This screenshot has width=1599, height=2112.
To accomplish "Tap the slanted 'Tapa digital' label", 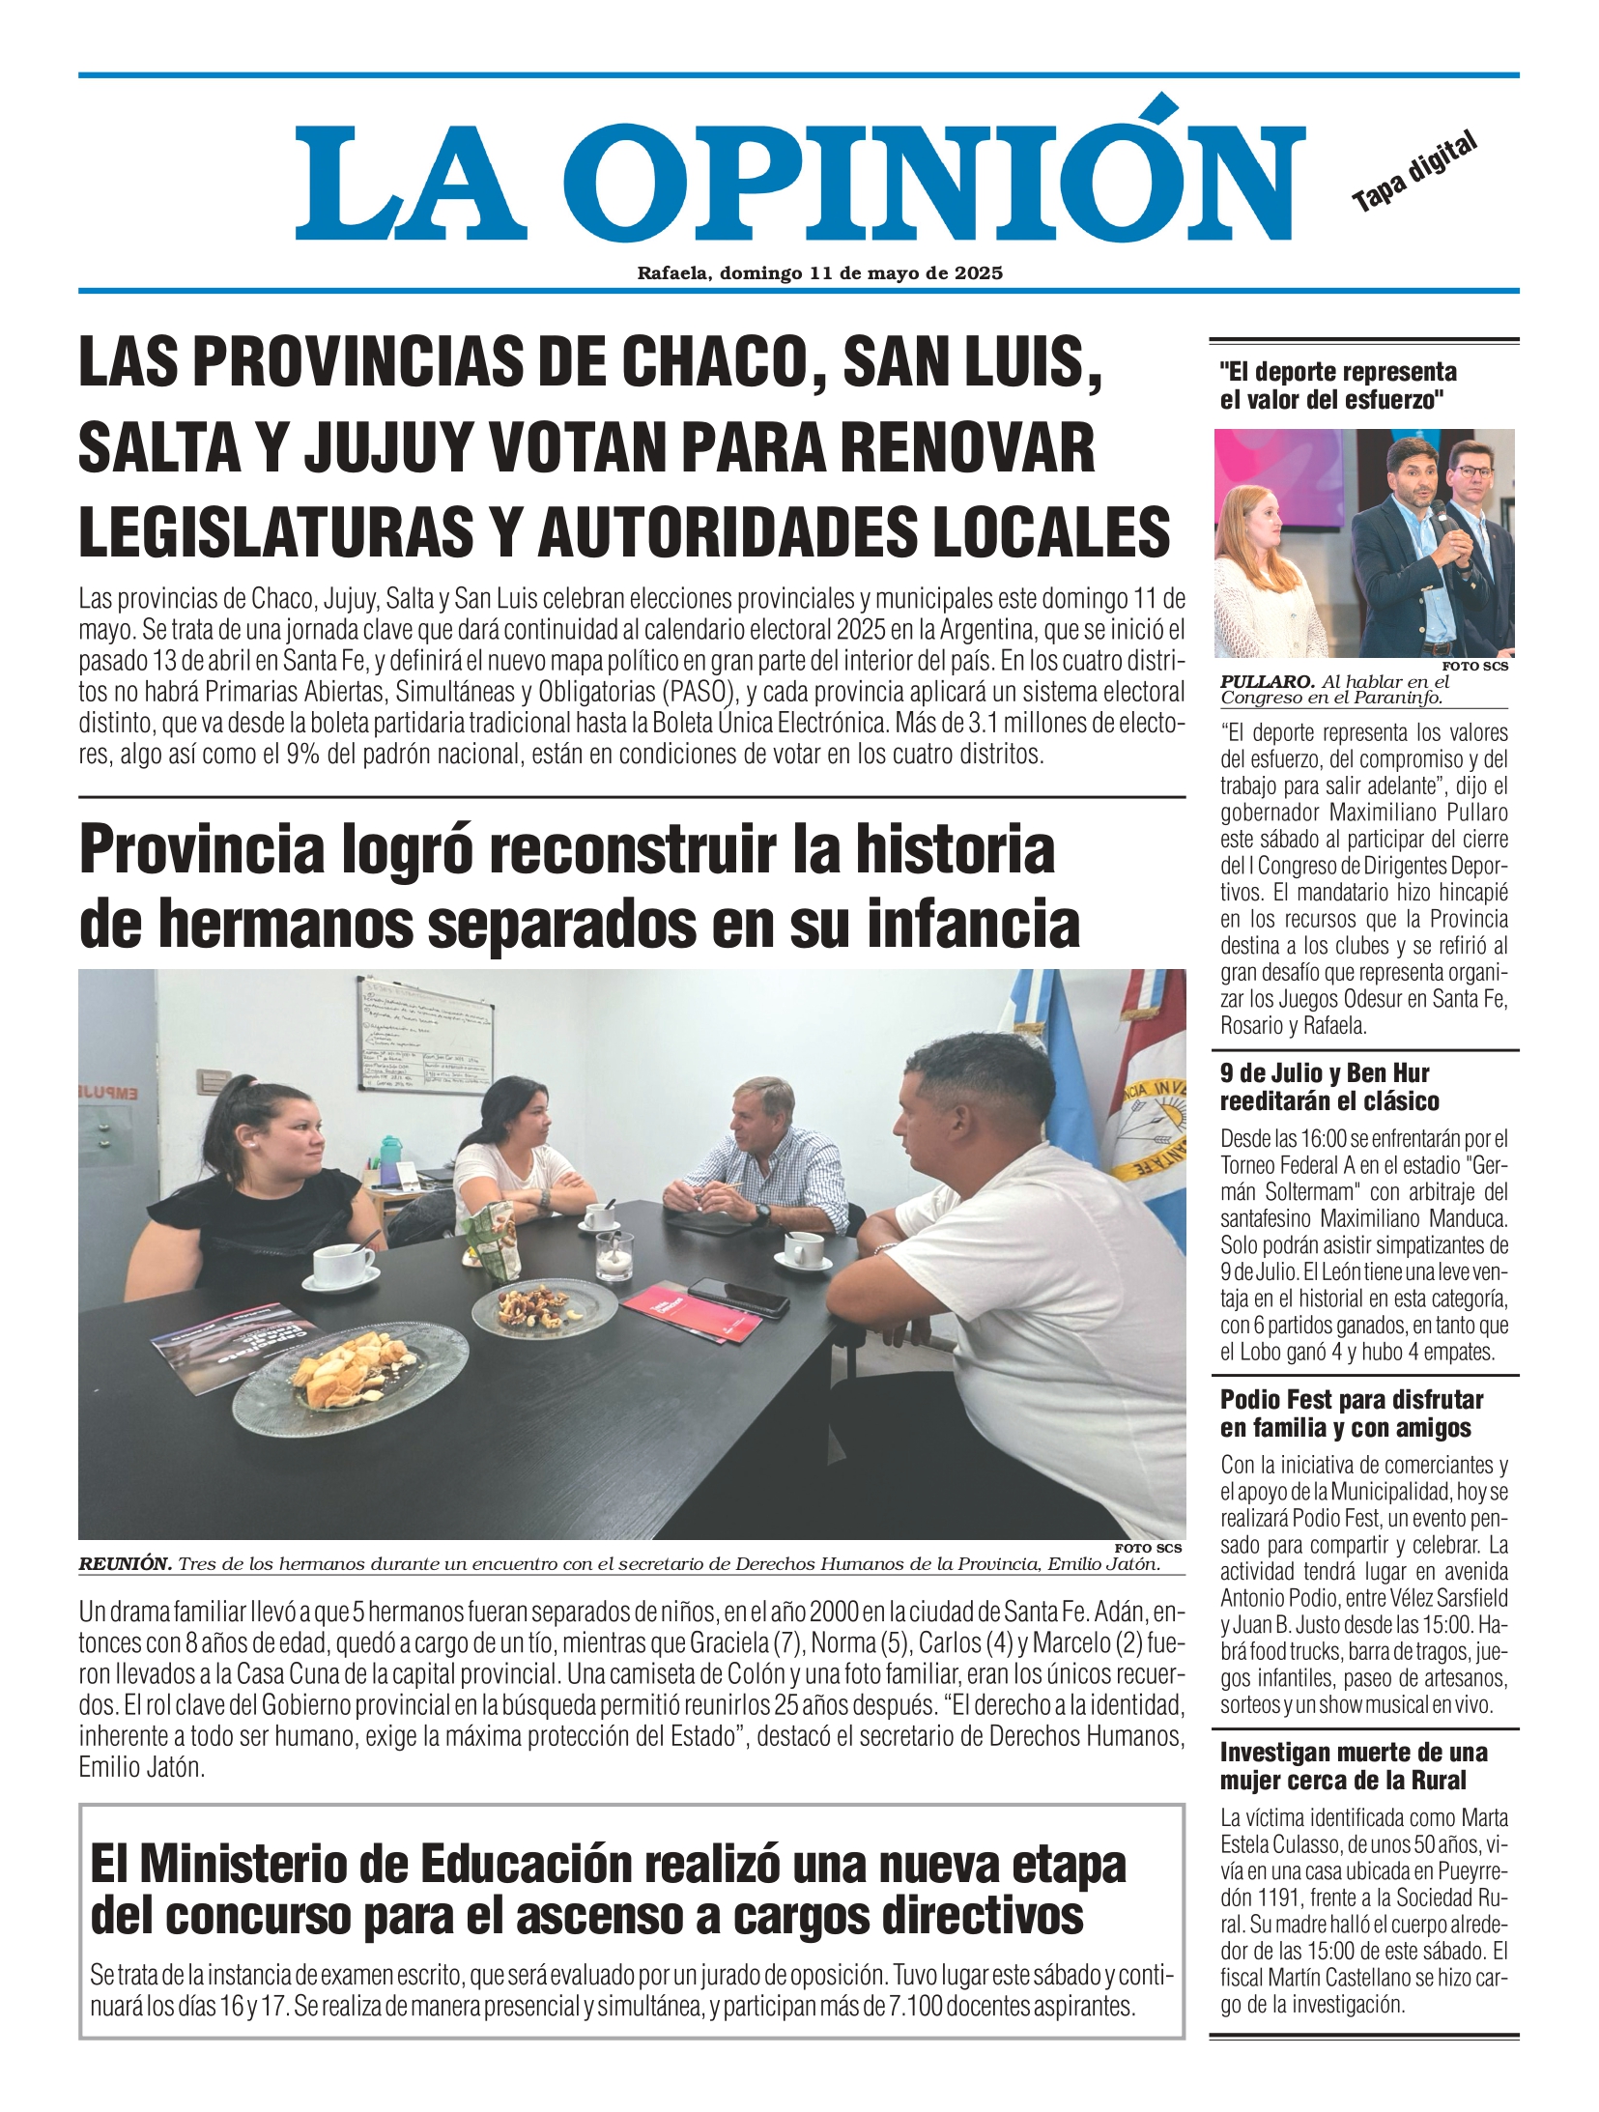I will pos(1414,172).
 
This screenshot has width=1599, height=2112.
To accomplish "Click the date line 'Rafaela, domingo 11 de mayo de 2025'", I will pos(819,273).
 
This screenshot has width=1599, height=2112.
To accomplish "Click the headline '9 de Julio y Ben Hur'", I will pos(1324,1073).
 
